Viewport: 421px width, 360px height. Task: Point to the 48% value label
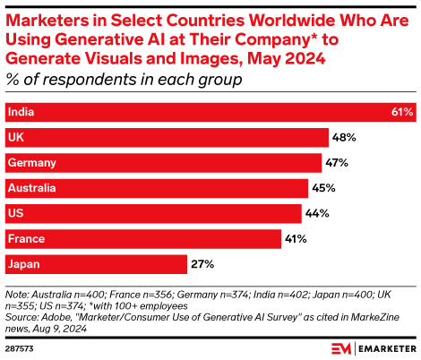pos(345,138)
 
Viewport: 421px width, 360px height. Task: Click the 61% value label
pos(401,112)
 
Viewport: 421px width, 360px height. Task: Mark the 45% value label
pos(323,188)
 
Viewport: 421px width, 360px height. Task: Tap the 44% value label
pos(317,213)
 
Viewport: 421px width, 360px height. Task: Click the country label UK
pos(15,137)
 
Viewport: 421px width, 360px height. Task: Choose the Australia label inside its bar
pos(31,188)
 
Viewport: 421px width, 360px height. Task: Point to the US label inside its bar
pos(15,213)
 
